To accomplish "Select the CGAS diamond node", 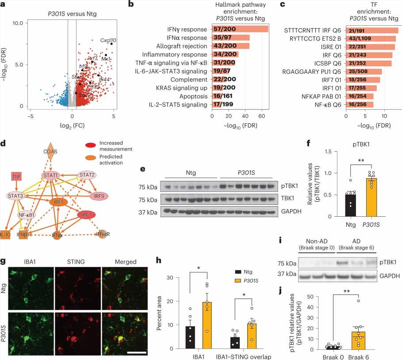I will (51, 151).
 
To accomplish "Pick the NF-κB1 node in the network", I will (27, 215).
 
